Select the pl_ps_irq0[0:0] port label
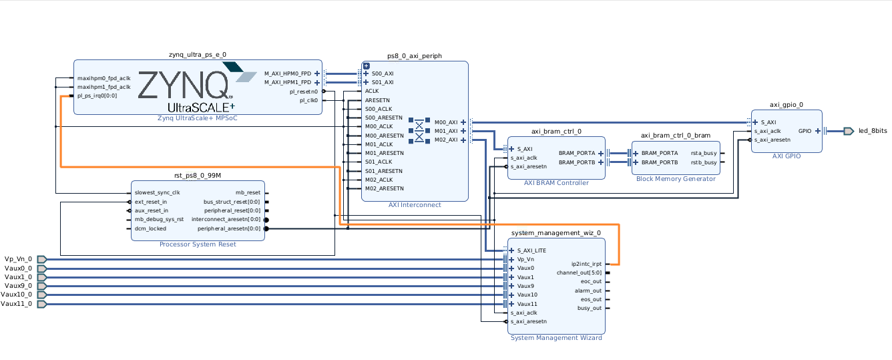[97, 96]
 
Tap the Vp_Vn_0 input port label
[18, 259]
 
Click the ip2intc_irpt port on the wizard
[586, 264]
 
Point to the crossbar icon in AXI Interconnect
[419, 130]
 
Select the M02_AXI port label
[446, 140]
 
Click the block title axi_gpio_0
[786, 105]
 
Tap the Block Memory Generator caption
[676, 178]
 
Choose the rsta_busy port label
[704, 153]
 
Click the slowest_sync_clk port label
[158, 192]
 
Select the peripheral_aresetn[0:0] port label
[229, 228]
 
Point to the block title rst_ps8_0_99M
[198, 176]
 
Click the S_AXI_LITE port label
[531, 250]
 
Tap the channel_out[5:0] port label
[579, 273]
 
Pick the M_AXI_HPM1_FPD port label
[288, 82]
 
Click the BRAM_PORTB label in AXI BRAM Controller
[577, 162]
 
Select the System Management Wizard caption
[556, 338]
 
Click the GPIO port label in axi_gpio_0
[805, 131]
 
